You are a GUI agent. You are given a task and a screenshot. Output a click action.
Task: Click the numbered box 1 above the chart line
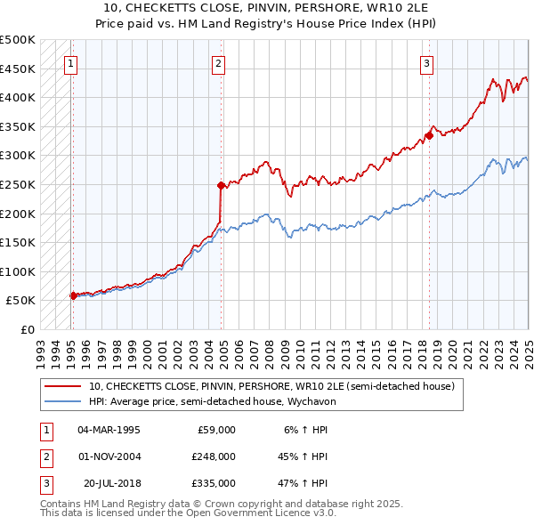click(70, 63)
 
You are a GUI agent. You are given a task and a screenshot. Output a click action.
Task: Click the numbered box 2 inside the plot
click(218, 63)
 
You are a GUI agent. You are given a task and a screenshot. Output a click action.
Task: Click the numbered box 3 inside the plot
click(427, 63)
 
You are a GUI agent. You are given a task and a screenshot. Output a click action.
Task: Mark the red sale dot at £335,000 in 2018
click(428, 135)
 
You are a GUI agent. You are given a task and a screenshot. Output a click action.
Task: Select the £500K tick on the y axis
click(18, 40)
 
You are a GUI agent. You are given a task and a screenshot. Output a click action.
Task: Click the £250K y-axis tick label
click(18, 184)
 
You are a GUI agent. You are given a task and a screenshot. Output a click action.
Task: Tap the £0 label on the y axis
click(28, 329)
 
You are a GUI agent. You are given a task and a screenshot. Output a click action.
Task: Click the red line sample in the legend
click(63, 386)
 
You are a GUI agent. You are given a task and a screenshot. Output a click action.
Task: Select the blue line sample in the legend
click(63, 401)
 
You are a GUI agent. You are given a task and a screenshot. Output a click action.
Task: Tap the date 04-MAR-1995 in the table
click(109, 429)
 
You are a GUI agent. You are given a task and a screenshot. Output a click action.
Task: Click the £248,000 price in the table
click(214, 456)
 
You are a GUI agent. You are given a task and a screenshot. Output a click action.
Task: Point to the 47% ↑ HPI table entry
click(307, 483)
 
